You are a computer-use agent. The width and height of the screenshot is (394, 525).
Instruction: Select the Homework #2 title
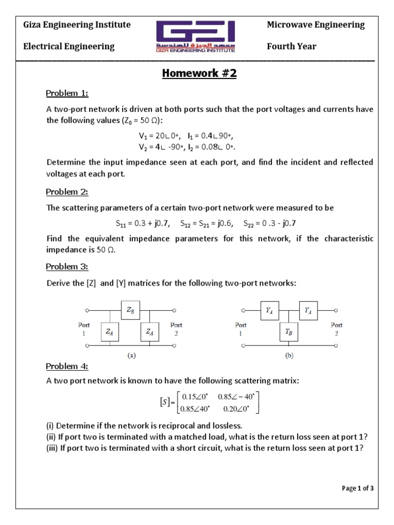(x=200, y=73)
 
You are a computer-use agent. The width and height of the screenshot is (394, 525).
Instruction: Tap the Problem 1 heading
(x=67, y=93)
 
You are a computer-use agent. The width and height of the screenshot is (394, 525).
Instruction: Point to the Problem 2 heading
(x=67, y=192)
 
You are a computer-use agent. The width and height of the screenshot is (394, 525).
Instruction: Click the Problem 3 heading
(x=67, y=267)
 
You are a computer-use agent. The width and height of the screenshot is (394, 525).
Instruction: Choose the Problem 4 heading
(x=67, y=366)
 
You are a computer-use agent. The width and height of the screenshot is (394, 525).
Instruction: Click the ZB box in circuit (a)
(x=130, y=310)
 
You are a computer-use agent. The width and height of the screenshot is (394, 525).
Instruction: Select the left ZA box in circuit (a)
(x=110, y=332)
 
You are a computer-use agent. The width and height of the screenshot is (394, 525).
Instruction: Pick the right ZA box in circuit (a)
(x=149, y=332)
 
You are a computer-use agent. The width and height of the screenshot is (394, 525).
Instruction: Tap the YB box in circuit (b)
(x=288, y=332)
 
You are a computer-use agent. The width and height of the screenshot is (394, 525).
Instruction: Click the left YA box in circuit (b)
(x=269, y=310)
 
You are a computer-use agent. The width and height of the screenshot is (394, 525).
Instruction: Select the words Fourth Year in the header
(x=291, y=46)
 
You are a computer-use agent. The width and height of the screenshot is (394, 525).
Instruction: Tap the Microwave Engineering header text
(x=316, y=25)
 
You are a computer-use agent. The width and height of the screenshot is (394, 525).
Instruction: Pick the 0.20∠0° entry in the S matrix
(x=238, y=409)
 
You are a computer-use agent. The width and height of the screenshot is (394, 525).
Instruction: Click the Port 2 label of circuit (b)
(x=337, y=328)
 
